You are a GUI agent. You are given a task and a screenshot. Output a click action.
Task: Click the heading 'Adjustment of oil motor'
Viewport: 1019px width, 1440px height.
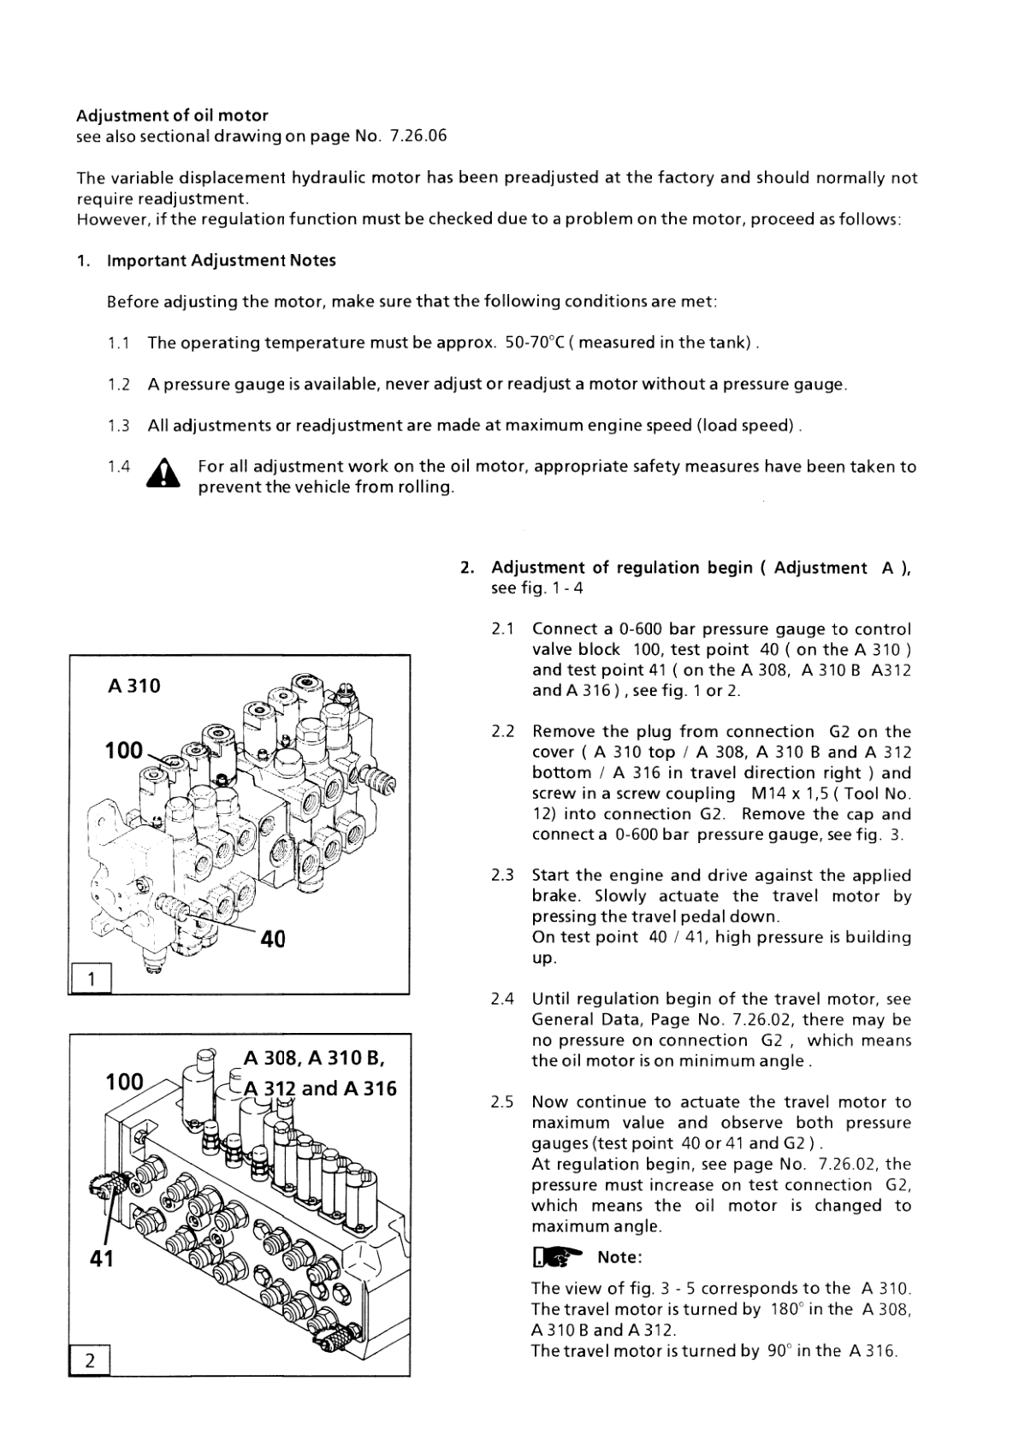tap(172, 115)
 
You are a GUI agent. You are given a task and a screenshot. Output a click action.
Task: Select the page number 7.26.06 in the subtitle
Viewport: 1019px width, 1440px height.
tap(418, 136)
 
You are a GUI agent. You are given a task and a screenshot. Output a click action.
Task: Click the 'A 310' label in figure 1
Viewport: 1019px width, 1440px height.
tap(134, 686)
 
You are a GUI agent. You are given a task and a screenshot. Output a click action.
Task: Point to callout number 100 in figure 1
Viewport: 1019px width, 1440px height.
tap(123, 751)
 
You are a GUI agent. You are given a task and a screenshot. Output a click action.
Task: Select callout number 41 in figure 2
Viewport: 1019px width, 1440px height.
tap(102, 1259)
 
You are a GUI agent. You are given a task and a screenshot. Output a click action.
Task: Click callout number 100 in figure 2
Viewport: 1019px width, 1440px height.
tap(124, 1082)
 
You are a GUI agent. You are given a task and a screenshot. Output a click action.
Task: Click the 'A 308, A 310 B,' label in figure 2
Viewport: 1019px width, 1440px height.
tap(313, 1059)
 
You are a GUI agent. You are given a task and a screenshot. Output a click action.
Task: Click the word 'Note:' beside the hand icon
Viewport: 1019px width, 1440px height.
tap(619, 1257)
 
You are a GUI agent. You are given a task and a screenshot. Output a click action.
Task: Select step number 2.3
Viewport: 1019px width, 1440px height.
tap(503, 876)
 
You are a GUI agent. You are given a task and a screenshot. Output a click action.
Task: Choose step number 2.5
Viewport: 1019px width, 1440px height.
tap(503, 1102)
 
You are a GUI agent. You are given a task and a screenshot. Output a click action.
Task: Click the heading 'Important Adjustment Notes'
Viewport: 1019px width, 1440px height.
tap(221, 261)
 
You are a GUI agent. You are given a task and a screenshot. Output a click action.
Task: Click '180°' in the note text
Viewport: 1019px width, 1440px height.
tap(785, 1309)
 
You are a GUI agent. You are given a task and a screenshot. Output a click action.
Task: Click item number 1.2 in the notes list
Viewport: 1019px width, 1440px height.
tap(119, 385)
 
